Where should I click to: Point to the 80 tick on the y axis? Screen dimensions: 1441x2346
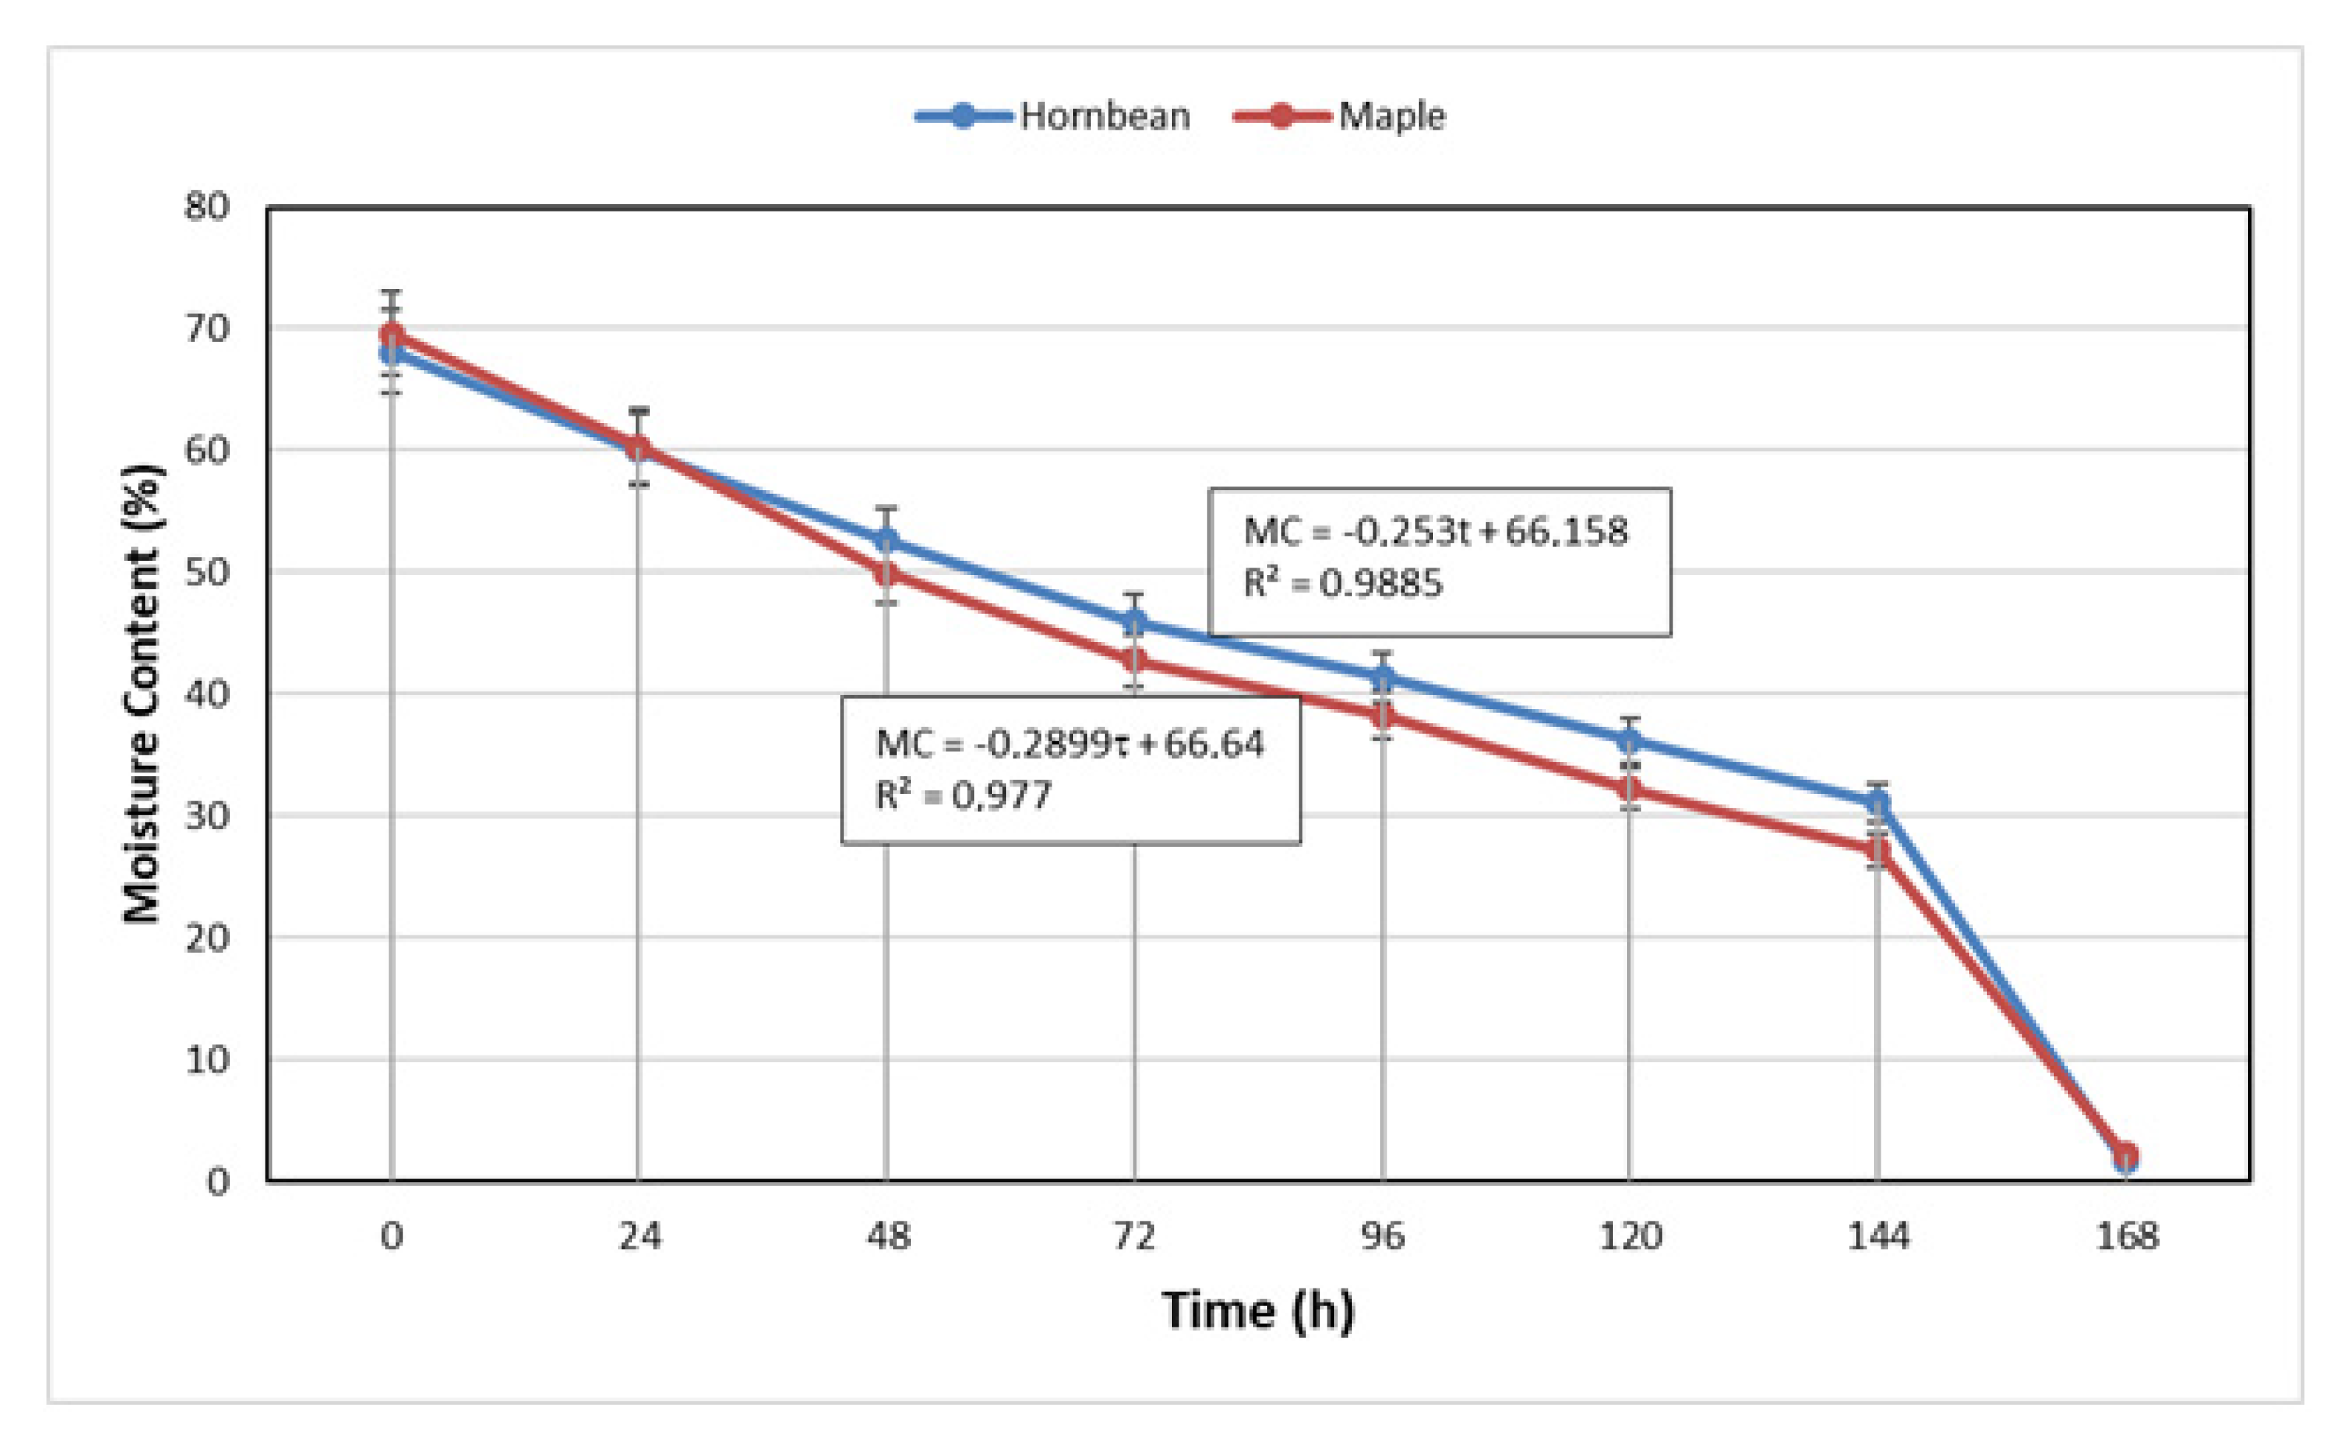pos(207,206)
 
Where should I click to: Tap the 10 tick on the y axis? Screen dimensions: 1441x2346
pos(207,1059)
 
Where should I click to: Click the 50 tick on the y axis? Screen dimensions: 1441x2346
pos(207,572)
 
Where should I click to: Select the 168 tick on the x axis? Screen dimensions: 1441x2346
pos(2125,1237)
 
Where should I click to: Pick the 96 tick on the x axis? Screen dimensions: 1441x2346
pos(1382,1237)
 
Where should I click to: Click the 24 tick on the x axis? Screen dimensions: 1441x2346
pos(639,1237)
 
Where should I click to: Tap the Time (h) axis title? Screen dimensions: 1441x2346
pos(1257,1311)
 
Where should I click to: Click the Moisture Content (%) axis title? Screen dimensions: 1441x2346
pos(143,693)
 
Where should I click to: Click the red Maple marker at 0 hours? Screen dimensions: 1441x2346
pos(392,334)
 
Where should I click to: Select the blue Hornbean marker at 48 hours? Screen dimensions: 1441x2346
pos(886,540)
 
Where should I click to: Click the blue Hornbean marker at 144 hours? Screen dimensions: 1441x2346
pos(1877,803)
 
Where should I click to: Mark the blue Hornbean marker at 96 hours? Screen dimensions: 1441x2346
pos(1382,677)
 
